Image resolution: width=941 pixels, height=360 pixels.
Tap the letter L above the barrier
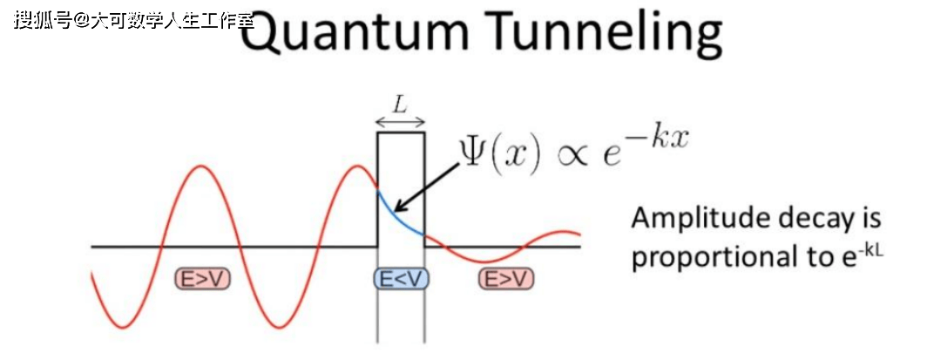coord(400,105)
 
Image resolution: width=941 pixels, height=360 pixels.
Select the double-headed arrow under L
coord(400,123)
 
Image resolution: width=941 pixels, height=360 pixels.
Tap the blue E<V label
coord(401,279)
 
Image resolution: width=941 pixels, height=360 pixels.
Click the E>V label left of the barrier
coord(202,279)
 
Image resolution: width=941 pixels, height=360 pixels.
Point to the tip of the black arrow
coord(395,211)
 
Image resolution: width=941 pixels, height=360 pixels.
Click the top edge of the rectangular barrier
coord(400,132)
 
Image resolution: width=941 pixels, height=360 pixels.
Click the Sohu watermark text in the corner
coord(131,19)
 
